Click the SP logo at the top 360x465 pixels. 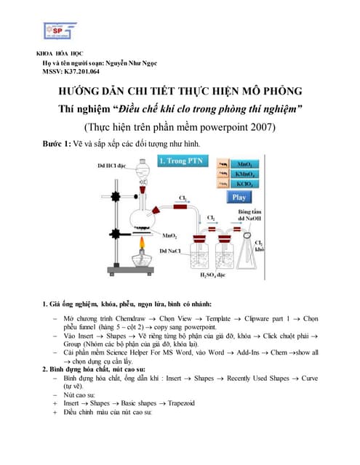click(x=59, y=30)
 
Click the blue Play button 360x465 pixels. click(x=239, y=197)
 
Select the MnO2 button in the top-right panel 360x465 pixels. click(x=239, y=164)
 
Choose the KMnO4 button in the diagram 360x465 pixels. click(x=239, y=174)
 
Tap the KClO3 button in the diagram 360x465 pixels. click(x=239, y=185)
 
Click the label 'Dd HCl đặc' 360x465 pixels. click(x=113, y=166)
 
